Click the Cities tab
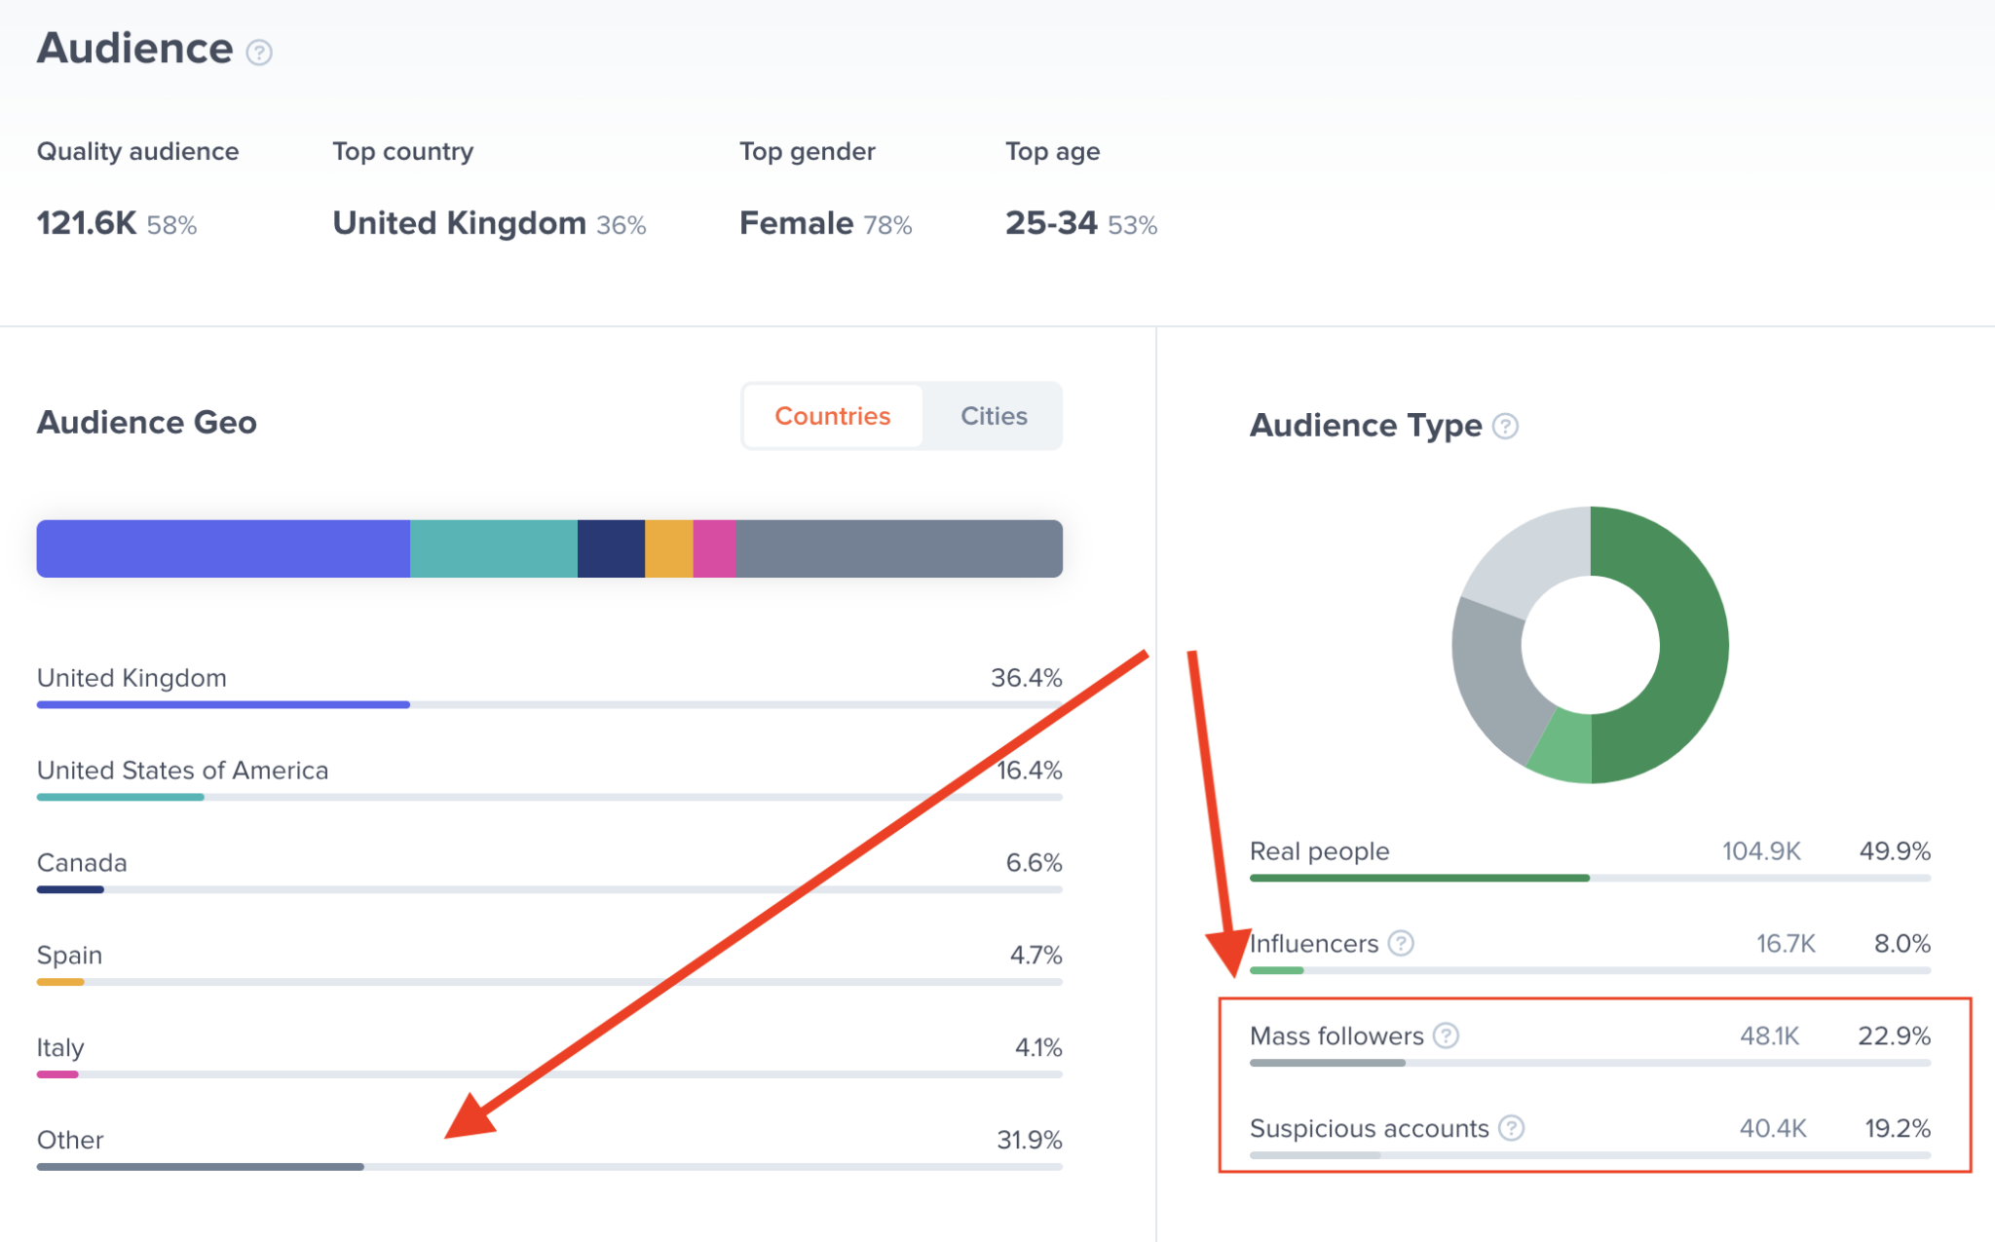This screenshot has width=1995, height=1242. click(x=993, y=416)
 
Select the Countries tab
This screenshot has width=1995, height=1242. click(x=832, y=416)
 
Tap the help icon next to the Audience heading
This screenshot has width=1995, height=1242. click(x=259, y=52)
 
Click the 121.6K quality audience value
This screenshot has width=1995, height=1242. click(x=87, y=224)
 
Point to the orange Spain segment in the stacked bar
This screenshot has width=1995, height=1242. click(x=668, y=548)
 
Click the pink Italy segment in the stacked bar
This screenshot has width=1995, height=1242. click(x=714, y=548)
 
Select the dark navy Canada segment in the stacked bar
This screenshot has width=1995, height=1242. click(x=611, y=548)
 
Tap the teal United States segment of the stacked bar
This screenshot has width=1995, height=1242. click(x=493, y=548)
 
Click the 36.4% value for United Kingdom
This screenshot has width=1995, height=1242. click(x=1026, y=678)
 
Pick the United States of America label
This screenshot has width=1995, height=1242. click(x=182, y=771)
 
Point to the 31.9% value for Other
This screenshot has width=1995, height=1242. click(x=1029, y=1140)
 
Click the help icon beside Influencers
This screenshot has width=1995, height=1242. click(x=1401, y=943)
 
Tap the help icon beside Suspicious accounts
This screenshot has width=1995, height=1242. click(x=1511, y=1128)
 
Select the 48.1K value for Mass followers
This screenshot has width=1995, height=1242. click(x=1769, y=1035)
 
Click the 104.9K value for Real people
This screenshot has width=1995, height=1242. click(x=1761, y=851)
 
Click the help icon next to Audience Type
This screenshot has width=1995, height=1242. click(x=1505, y=427)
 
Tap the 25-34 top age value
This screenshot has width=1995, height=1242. click(x=1051, y=224)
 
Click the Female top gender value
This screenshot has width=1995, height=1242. click(x=796, y=224)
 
